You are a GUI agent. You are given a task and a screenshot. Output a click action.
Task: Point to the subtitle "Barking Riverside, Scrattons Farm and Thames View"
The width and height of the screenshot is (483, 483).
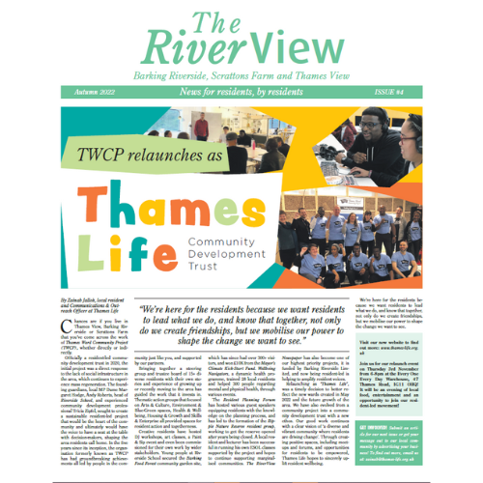coord(241,73)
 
